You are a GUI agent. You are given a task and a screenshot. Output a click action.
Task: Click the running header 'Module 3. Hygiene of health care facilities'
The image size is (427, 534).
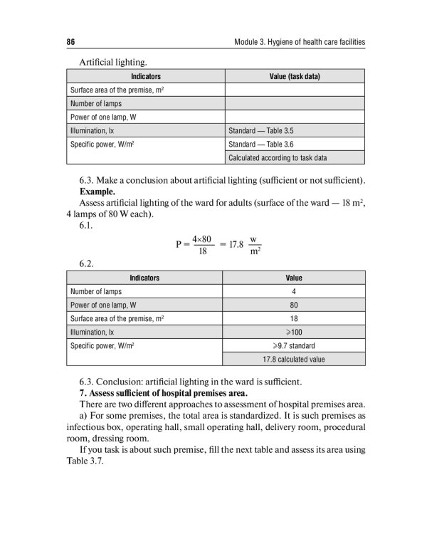(x=299, y=43)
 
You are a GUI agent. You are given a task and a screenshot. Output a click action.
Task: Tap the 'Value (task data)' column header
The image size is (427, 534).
(x=295, y=76)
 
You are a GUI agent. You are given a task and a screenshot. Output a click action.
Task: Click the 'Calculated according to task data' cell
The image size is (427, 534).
(x=278, y=158)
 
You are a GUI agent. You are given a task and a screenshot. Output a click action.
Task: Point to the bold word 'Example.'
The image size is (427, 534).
(x=99, y=192)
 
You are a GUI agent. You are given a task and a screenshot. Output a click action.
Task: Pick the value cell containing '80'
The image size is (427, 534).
(x=294, y=305)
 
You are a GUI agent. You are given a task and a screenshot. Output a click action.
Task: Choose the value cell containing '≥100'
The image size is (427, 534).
(x=294, y=332)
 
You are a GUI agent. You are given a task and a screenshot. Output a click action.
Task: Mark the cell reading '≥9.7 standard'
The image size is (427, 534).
(x=294, y=345)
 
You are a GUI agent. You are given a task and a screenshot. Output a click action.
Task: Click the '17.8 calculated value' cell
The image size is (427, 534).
(x=294, y=359)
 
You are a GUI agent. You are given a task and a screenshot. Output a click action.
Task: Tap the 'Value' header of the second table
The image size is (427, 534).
(x=294, y=278)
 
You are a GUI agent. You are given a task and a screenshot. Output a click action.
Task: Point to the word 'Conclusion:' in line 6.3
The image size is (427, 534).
(x=122, y=379)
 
